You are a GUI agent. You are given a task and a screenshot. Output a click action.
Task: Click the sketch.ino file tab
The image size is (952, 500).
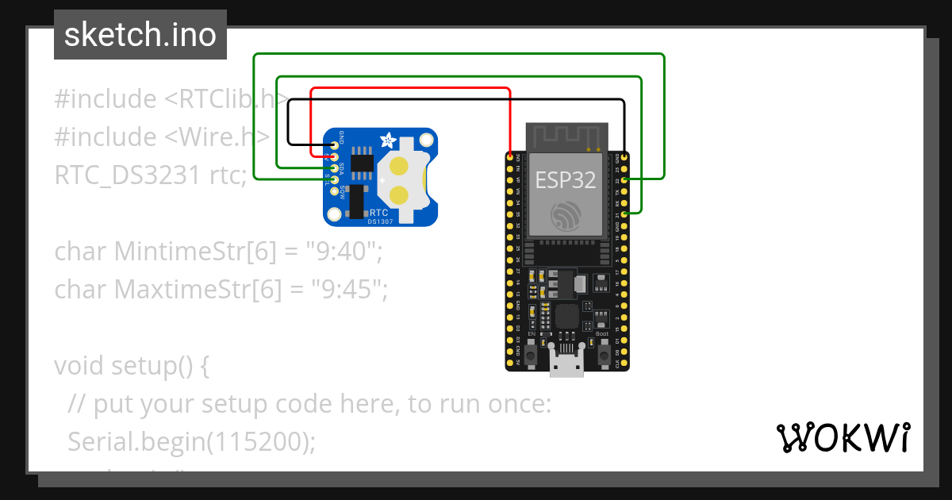[140, 35]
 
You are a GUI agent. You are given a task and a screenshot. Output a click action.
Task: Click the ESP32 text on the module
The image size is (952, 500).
[565, 179]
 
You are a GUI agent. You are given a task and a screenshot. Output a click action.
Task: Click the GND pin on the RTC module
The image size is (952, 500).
[336, 146]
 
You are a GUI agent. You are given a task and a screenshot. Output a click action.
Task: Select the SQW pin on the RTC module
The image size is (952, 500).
[336, 191]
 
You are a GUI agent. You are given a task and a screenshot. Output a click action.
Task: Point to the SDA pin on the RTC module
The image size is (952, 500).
[336, 168]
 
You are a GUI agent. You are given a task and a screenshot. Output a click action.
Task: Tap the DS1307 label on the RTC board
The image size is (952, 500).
[378, 222]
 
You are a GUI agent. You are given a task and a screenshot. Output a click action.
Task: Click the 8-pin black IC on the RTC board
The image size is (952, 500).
[362, 161]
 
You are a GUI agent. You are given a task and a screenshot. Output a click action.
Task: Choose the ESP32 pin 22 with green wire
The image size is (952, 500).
[626, 180]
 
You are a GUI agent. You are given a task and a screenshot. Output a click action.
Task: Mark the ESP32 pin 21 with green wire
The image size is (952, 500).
[626, 214]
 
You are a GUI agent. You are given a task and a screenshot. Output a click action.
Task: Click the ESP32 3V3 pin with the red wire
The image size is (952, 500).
[509, 158]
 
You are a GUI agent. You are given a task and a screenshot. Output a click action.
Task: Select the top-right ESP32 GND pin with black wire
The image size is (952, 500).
[626, 158]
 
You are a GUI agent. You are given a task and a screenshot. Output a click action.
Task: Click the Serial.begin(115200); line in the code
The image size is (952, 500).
[191, 441]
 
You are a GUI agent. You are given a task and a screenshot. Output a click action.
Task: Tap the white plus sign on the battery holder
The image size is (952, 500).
[383, 180]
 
